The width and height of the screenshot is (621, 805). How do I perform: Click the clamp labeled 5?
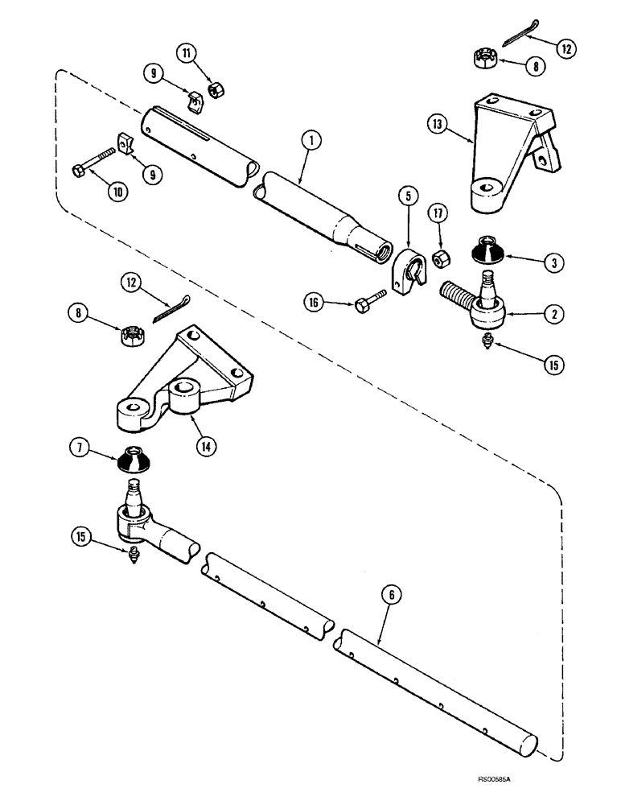click(407, 272)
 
